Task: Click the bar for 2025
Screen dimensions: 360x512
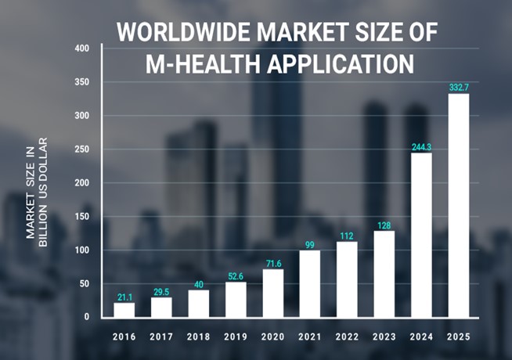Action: tap(459, 206)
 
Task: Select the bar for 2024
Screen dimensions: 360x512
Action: tap(421, 235)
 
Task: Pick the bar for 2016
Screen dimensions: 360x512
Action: tap(124, 310)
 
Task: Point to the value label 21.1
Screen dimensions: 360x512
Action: tap(124, 297)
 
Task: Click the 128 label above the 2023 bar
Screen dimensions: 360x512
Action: tap(384, 225)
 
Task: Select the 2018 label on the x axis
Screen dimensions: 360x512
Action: tap(198, 338)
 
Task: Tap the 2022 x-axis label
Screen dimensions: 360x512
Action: tap(347, 338)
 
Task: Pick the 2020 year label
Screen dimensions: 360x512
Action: tap(272, 338)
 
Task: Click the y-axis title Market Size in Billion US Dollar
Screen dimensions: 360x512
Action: tap(38, 192)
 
